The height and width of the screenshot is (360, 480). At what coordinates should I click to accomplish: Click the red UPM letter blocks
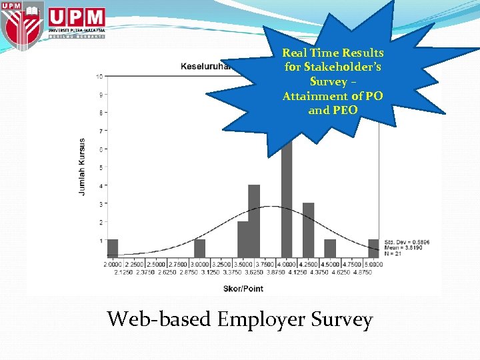click(76, 17)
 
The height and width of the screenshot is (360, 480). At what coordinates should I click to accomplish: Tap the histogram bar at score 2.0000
click(113, 248)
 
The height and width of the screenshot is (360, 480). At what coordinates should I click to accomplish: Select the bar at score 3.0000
click(199, 248)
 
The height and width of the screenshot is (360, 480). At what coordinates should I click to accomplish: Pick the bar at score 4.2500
click(308, 230)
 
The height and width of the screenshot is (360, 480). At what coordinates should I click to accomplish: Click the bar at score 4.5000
click(330, 248)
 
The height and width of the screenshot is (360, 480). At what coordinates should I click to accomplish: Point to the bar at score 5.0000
click(373, 248)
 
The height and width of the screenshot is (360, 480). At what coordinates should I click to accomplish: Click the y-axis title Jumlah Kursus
click(82, 166)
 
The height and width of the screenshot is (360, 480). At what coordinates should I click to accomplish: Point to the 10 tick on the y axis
click(99, 77)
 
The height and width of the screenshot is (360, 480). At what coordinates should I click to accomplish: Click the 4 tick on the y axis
click(100, 185)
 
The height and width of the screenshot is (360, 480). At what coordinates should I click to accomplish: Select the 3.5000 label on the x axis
click(243, 264)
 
